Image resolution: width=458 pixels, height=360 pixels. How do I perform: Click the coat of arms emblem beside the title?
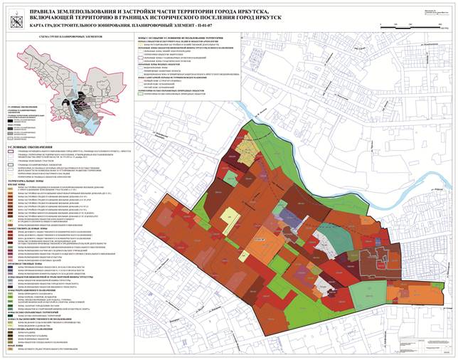pyautogui.click(x=12, y=11)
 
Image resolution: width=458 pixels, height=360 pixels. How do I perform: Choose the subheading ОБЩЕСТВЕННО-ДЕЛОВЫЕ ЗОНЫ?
pyautogui.click(x=32, y=226)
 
